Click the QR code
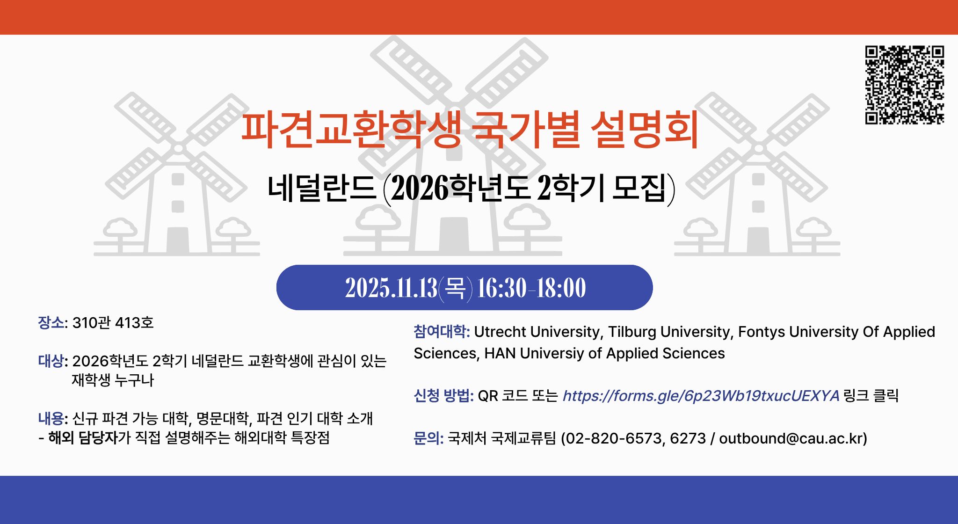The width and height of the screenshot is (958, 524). [x=904, y=85]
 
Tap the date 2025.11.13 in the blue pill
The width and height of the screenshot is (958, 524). [x=391, y=288]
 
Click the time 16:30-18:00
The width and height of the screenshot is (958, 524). [x=531, y=288]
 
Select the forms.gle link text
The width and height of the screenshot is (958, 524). [x=701, y=396]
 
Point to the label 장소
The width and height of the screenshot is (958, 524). [x=51, y=323]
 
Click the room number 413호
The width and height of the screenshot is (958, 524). [x=134, y=323]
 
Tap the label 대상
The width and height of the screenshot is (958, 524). [x=51, y=361]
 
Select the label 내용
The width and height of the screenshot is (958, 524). [x=51, y=418]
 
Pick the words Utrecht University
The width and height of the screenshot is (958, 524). [x=537, y=332]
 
